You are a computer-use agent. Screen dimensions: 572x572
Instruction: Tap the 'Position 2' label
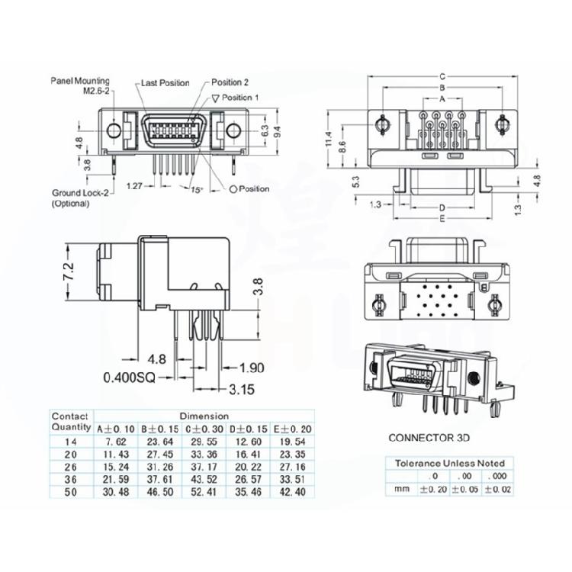click(x=230, y=82)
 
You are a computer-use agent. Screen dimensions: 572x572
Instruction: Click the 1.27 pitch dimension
click(x=135, y=185)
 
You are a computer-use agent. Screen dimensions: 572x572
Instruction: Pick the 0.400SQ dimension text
click(x=128, y=377)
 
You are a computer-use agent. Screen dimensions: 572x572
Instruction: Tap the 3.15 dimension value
click(x=242, y=390)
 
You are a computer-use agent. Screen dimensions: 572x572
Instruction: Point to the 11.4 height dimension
click(x=328, y=140)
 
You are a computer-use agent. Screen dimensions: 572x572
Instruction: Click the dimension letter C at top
click(x=442, y=76)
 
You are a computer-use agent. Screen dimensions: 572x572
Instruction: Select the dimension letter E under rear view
click(x=442, y=218)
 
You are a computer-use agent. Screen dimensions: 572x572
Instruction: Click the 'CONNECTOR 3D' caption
click(x=429, y=438)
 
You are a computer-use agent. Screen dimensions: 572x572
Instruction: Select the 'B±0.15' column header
click(x=157, y=429)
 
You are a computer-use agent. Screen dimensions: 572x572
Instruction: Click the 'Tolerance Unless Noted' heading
click(x=450, y=463)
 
